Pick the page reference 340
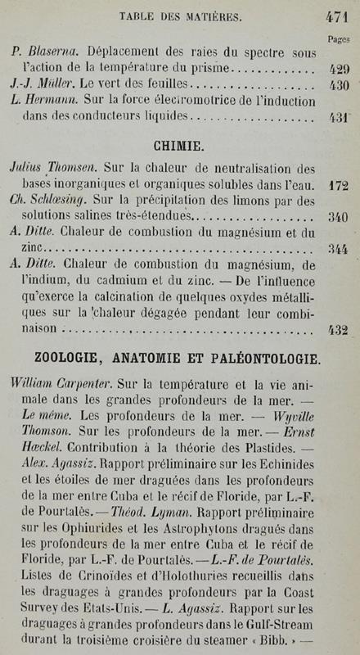(337, 218)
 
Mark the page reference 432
(337, 330)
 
